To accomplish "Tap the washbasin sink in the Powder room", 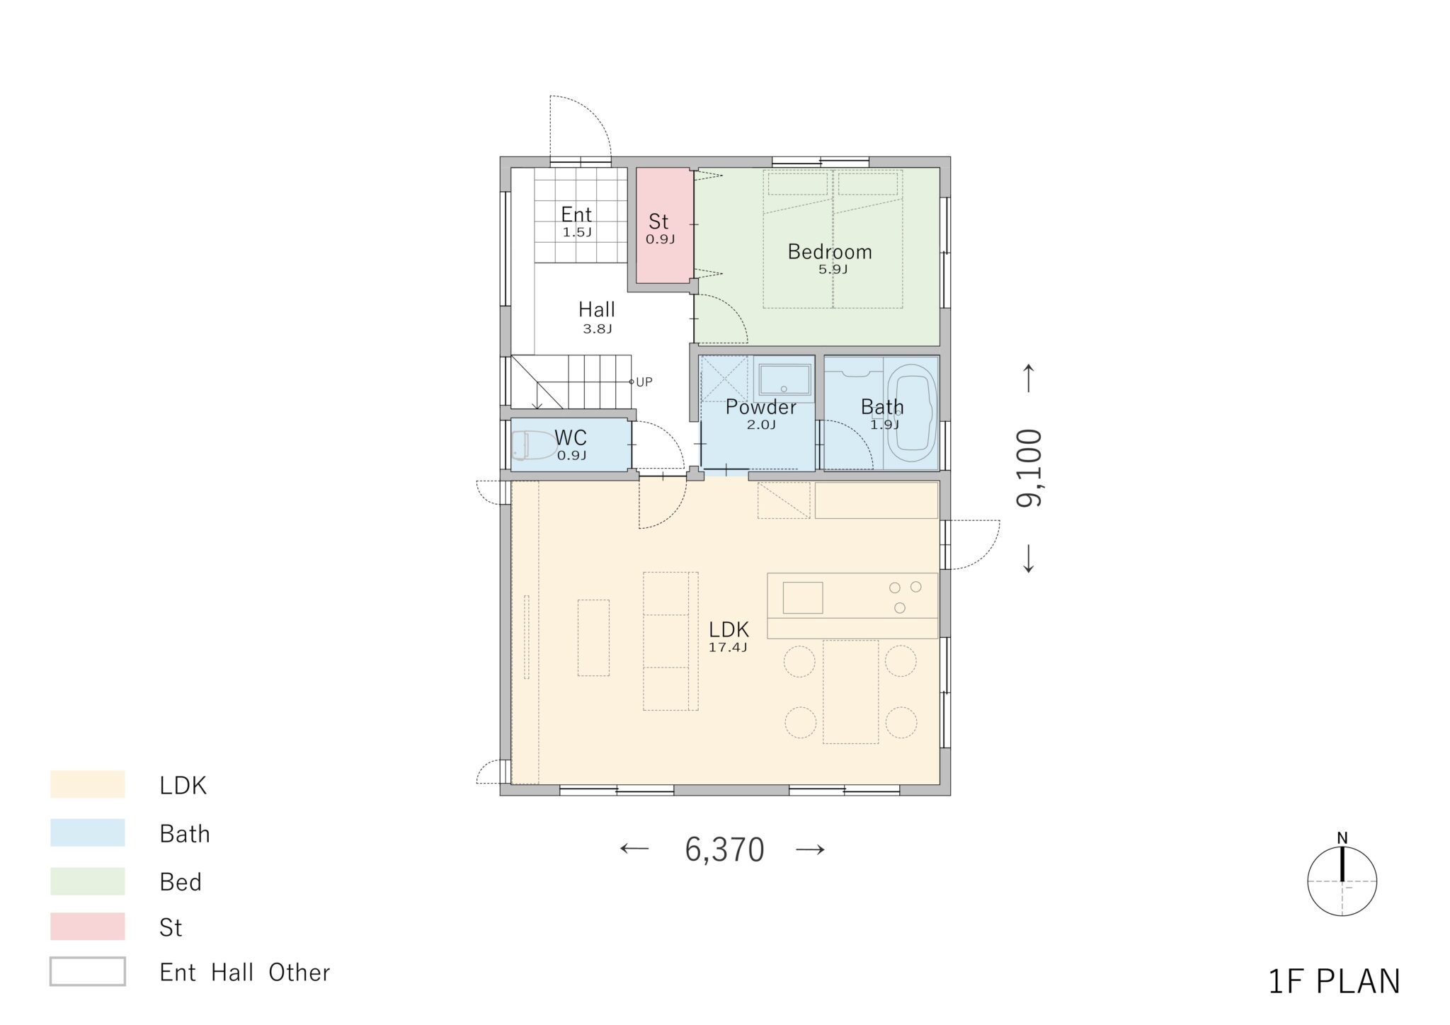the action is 784,380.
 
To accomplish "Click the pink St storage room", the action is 664,225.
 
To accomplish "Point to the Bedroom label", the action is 830,251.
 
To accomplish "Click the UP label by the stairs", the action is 644,382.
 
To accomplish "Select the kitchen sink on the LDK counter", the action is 803,597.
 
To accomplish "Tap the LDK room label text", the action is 729,629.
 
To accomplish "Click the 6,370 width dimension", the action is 724,849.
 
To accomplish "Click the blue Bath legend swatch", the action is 88,833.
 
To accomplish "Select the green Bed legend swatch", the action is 88,881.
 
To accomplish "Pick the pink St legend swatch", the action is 88,927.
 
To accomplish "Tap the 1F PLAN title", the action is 1334,982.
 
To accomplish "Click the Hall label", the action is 596,309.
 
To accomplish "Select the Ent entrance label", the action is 576,214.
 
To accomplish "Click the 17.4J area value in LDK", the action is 728,647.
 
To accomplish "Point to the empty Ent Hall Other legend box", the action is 88,971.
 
